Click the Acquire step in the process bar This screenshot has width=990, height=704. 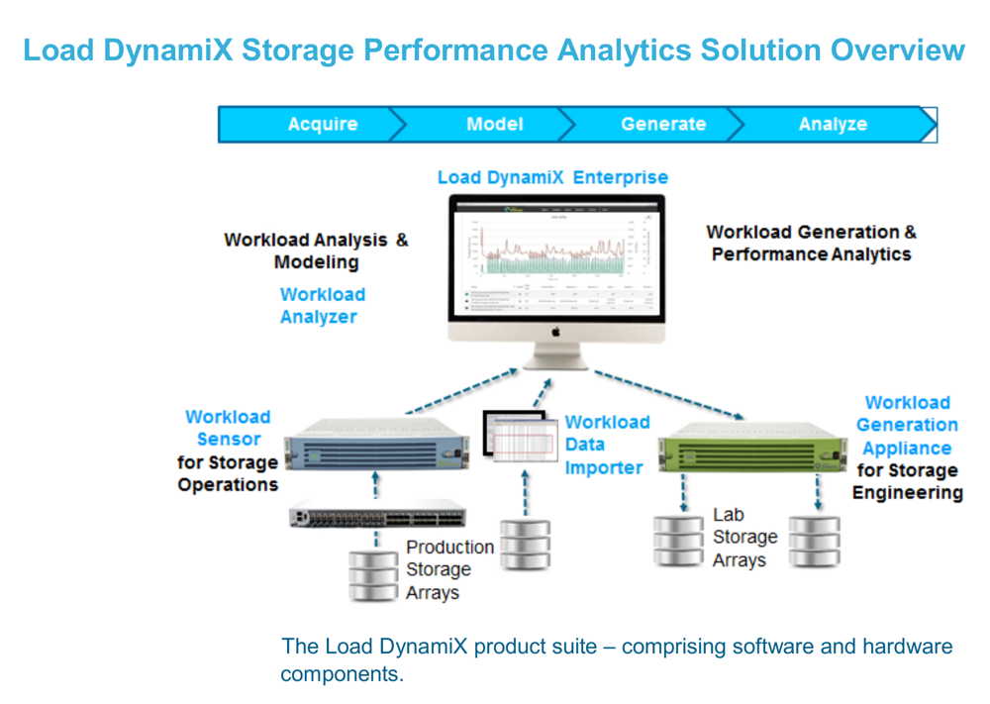[323, 125]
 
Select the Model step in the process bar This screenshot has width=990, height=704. [494, 125]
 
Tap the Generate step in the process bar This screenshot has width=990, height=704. [663, 125]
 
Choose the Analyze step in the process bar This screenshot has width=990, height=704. [833, 125]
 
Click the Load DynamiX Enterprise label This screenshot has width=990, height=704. [552, 178]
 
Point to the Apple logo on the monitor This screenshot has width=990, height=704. [555, 332]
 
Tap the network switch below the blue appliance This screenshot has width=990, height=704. [377, 517]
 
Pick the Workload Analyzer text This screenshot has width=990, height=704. [322, 306]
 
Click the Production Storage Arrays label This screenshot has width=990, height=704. [449, 569]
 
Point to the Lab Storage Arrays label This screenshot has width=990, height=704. [744, 538]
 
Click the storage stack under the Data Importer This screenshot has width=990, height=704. [525, 545]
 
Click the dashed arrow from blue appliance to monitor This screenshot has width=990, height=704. [461, 390]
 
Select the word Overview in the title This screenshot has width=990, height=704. [897, 50]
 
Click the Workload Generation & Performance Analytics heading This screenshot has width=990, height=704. [811, 244]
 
